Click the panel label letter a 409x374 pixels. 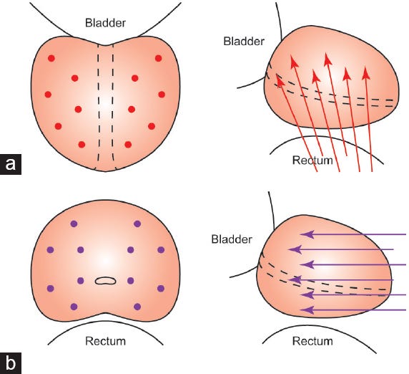[11, 165]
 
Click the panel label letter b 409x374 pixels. [11, 363]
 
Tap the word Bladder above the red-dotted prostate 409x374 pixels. [105, 23]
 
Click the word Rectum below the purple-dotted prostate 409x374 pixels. [105, 341]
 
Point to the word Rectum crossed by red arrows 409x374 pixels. [312, 160]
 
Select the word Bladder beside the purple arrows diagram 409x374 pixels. [232, 239]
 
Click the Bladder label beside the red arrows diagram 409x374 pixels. [244, 41]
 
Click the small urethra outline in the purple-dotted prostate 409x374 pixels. [105, 281]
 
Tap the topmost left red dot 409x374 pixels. [51, 58]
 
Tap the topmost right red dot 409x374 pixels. [158, 58]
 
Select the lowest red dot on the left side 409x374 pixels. [82, 145]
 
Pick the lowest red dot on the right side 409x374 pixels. [128, 145]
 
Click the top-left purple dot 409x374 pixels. [74, 224]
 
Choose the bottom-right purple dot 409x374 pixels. [137, 307]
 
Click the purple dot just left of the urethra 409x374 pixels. [81, 281]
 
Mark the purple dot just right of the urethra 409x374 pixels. [130, 281]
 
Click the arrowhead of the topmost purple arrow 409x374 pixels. [307, 234]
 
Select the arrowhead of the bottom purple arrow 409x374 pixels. [307, 310]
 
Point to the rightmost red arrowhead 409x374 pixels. [366, 73]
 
